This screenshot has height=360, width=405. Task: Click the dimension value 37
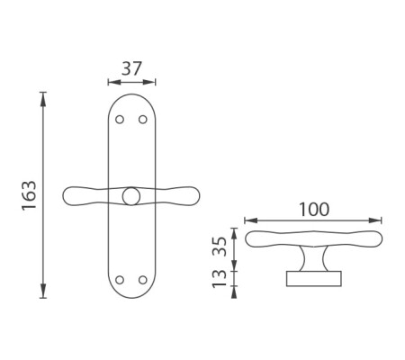(x=131, y=68)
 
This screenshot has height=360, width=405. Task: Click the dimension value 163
(x=30, y=195)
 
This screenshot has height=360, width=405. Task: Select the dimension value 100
(x=314, y=210)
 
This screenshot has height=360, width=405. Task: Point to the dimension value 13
(x=220, y=278)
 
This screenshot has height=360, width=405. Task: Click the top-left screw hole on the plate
(x=120, y=120)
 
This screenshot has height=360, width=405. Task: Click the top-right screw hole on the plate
(x=143, y=120)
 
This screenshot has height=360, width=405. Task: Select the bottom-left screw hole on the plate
(x=120, y=280)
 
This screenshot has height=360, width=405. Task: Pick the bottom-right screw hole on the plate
(x=143, y=280)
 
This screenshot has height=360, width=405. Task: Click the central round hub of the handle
(x=131, y=196)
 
